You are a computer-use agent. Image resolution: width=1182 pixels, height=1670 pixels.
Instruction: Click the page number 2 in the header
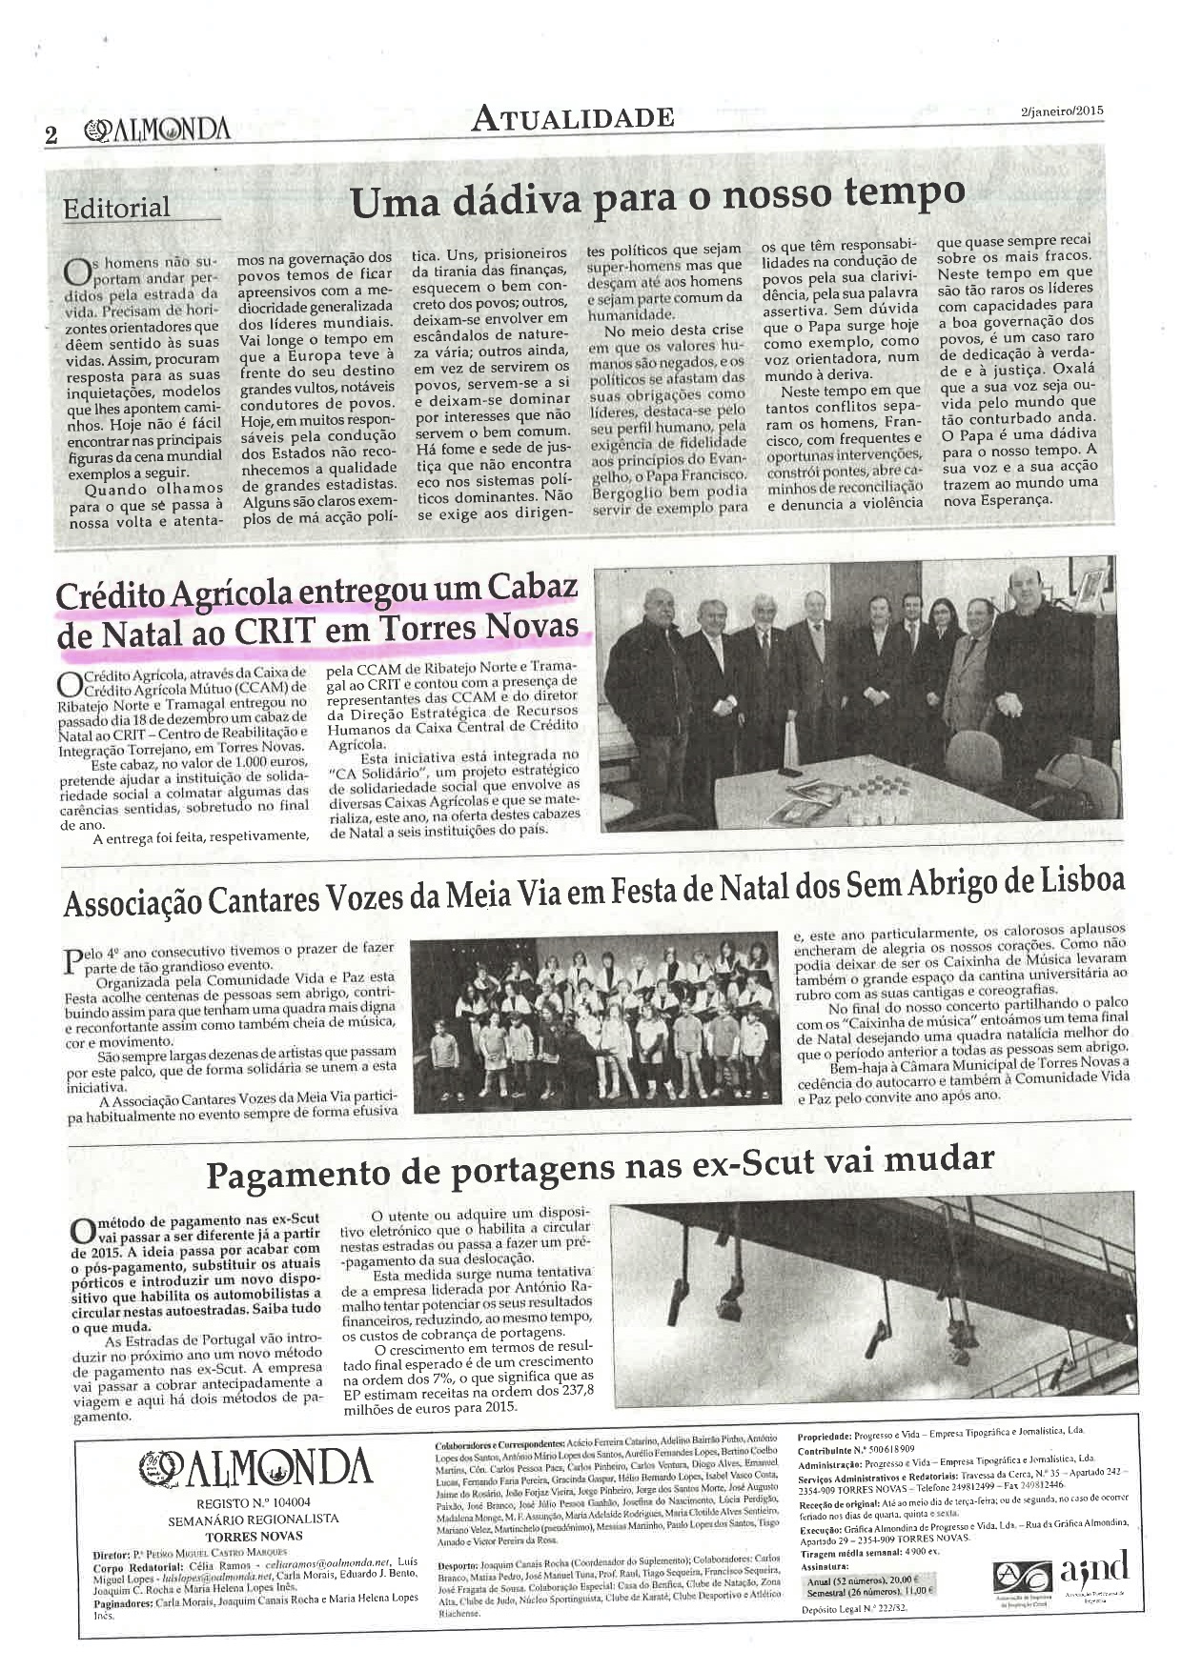[51, 134]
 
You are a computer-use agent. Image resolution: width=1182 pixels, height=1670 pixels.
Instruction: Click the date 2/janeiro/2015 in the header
[1059, 111]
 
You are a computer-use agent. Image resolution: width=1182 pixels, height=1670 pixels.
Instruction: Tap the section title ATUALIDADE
[573, 118]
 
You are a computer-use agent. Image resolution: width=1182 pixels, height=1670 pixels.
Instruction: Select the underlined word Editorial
[116, 208]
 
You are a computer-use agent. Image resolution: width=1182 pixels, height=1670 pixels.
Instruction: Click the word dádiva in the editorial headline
[517, 199]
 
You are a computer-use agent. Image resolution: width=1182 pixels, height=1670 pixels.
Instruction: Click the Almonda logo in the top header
[156, 131]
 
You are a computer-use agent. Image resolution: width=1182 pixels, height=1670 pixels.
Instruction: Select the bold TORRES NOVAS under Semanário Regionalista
[254, 1536]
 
